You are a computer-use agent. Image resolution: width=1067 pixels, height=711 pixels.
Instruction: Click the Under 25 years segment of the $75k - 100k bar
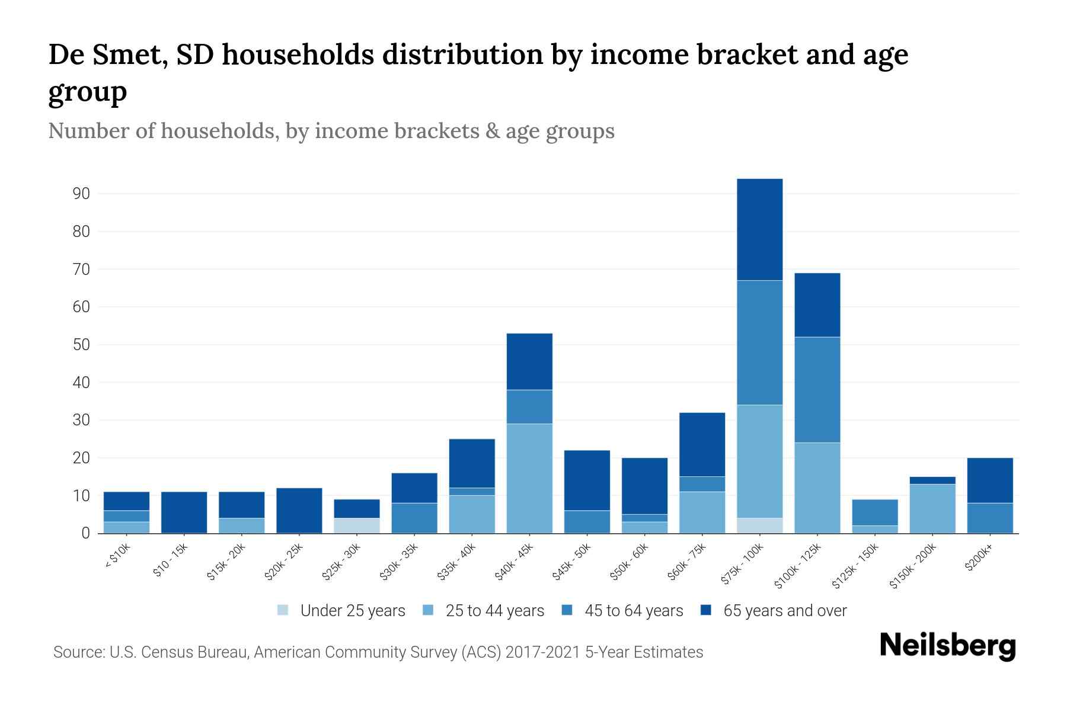click(x=759, y=526)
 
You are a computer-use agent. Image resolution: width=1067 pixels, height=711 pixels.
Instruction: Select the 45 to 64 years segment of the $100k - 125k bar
click(x=817, y=390)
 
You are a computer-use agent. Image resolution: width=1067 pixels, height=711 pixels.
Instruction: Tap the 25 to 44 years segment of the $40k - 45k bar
click(x=529, y=478)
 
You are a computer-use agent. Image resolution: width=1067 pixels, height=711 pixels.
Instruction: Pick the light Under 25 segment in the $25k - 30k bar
click(x=357, y=526)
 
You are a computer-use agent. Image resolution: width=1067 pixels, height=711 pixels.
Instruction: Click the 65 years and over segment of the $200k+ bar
click(x=990, y=481)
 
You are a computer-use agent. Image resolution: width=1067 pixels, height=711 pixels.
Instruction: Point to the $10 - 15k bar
click(x=184, y=513)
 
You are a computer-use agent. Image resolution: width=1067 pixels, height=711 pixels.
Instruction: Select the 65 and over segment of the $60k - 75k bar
click(x=702, y=444)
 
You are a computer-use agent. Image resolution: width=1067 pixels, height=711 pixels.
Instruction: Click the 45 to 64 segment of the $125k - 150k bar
click(x=874, y=513)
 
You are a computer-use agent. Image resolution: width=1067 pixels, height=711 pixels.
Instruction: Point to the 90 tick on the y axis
click(x=82, y=194)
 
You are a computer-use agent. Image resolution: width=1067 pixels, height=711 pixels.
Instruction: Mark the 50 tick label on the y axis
click(x=82, y=345)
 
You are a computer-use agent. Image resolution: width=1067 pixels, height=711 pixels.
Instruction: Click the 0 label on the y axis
click(x=86, y=533)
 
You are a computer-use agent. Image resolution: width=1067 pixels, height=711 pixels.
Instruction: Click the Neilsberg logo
click(x=947, y=646)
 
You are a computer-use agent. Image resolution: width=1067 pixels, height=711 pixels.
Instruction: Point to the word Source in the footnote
click(x=78, y=652)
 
